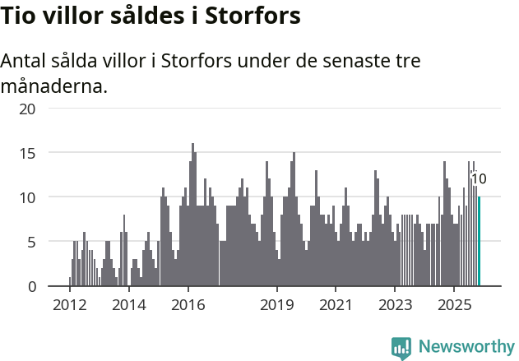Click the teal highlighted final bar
tap(479, 242)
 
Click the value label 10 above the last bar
tap(479, 179)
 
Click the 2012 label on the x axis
tap(69, 305)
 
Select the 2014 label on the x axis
tap(128, 305)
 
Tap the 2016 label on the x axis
tap(188, 305)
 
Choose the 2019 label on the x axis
tap(277, 305)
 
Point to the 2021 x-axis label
tap(336, 305)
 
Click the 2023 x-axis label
tap(395, 305)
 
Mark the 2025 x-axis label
tap(454, 305)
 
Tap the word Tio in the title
tap(20, 16)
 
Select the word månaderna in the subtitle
tap(54, 86)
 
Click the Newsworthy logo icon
tap(401, 347)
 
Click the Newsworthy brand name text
tap(466, 347)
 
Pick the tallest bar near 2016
tap(193, 215)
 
